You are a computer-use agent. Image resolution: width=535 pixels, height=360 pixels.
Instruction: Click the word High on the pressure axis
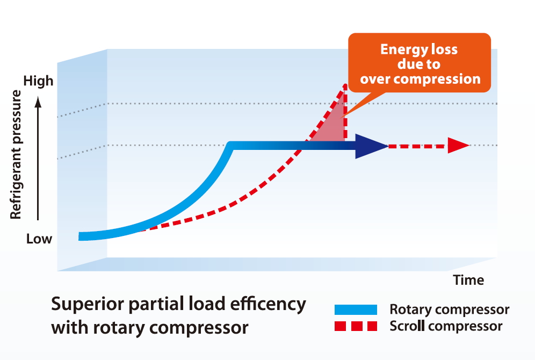point(39,81)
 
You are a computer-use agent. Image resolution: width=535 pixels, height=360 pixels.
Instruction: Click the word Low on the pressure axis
point(39,239)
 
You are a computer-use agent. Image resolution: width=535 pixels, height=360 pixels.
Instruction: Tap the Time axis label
point(468,280)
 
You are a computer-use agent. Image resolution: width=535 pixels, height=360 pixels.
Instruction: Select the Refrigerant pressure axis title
point(16,155)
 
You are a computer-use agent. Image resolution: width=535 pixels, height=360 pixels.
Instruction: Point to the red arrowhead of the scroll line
point(459,145)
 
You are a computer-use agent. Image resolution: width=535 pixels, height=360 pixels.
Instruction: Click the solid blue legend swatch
point(356,310)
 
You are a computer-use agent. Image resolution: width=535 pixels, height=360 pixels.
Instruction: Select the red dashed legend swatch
point(356,326)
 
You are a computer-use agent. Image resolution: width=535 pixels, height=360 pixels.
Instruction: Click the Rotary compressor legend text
point(449,309)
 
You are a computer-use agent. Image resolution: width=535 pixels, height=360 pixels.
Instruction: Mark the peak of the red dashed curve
point(345,85)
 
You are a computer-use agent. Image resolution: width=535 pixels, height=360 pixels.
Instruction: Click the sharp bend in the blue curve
point(231,146)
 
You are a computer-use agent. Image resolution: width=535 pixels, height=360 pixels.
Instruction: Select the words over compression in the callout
point(420,79)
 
